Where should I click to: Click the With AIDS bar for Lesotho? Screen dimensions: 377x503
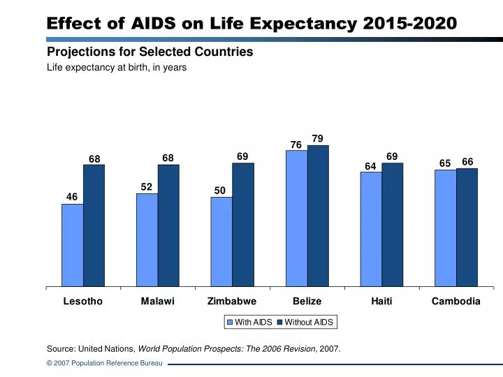click(x=72, y=245)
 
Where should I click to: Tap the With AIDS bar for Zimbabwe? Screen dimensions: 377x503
click(x=221, y=242)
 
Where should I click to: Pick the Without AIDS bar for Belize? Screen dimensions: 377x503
click(x=318, y=216)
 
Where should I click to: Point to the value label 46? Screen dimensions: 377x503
click(x=72, y=197)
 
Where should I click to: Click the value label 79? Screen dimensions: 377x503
click(x=318, y=138)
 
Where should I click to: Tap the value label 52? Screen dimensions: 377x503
click(x=147, y=186)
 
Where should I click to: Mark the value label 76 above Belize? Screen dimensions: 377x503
click(x=296, y=145)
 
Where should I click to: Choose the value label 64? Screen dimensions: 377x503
click(x=370, y=165)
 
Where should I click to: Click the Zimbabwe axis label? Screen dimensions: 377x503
click(x=232, y=302)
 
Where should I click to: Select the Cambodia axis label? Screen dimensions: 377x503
click(x=455, y=302)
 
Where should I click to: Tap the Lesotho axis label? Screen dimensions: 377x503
click(x=83, y=302)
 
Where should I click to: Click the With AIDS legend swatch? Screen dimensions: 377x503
click(x=230, y=323)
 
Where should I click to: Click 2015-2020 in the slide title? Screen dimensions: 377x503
click(x=411, y=23)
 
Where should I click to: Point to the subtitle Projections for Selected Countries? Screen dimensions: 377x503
click(x=150, y=52)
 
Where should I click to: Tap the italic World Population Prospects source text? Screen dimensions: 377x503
click(x=226, y=348)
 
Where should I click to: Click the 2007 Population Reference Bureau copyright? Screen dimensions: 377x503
click(x=104, y=364)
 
